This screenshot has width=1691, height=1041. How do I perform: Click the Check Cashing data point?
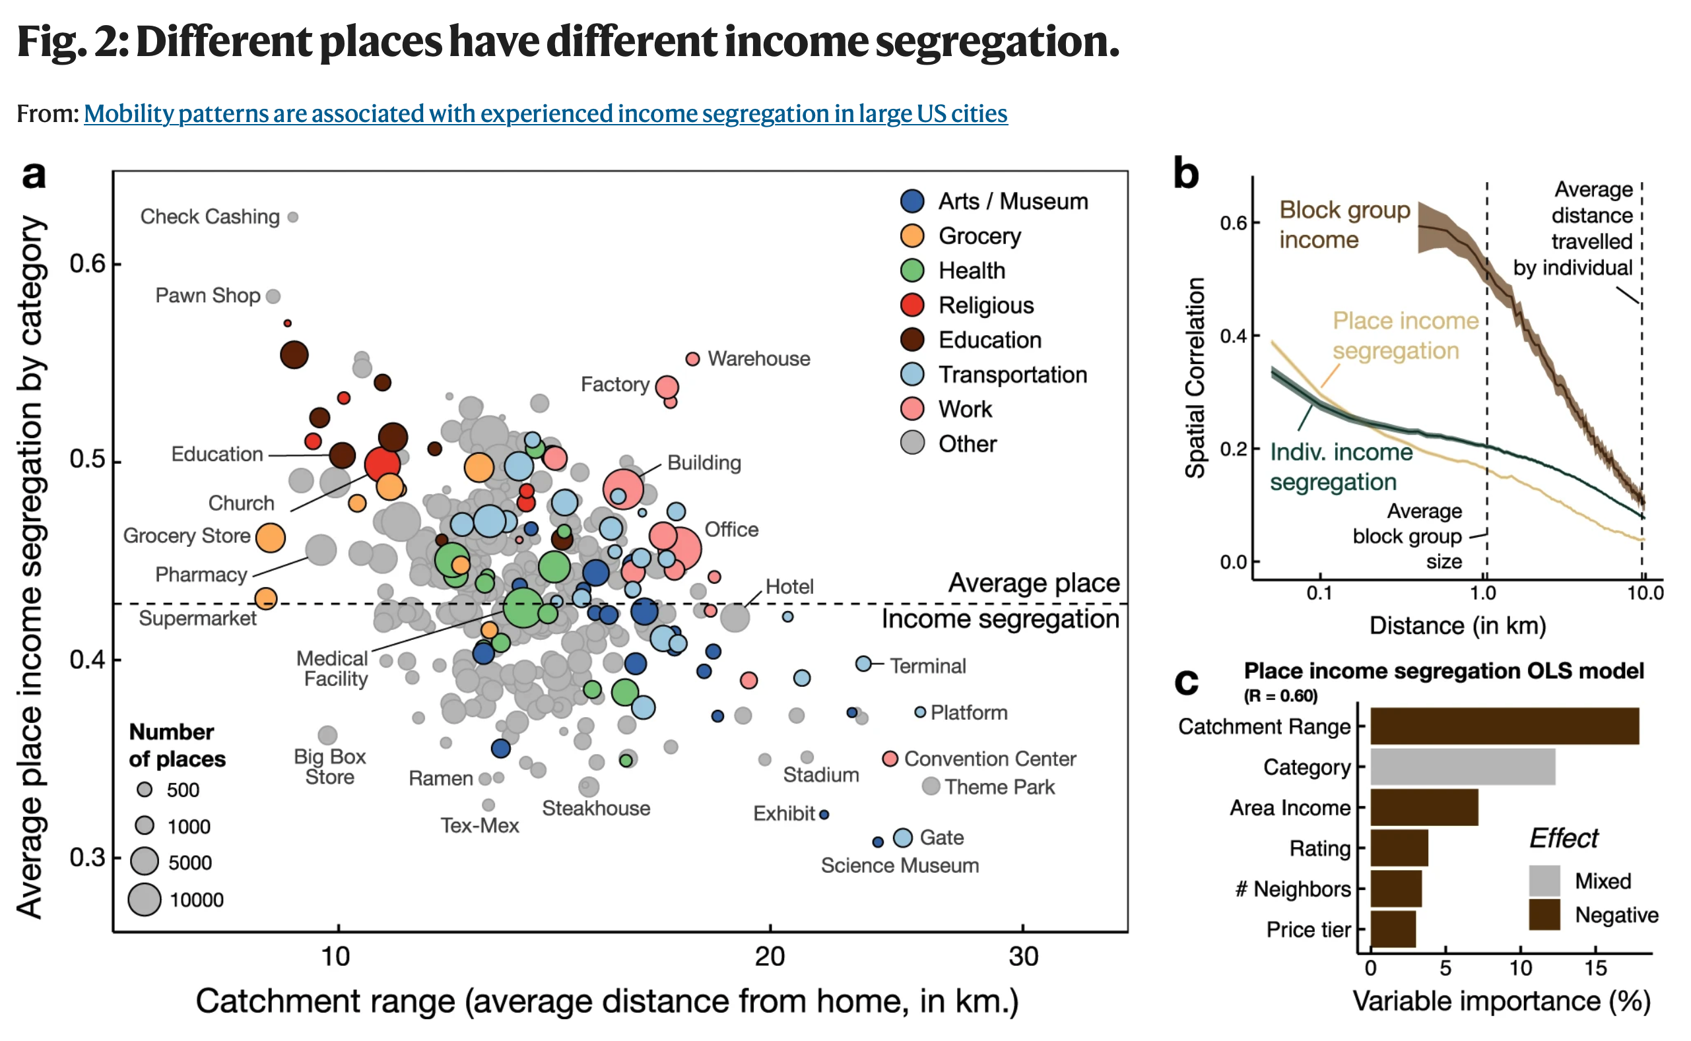tap(293, 218)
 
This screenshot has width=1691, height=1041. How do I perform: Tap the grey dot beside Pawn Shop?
tap(273, 297)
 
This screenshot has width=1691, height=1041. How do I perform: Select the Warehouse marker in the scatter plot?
tap(693, 360)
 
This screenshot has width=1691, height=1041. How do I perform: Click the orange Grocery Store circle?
tap(271, 538)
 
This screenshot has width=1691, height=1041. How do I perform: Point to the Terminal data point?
tap(864, 664)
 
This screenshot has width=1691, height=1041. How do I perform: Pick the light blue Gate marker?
tap(903, 838)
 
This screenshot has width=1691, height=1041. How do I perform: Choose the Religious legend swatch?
tap(913, 305)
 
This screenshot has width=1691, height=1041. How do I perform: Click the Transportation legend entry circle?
tap(913, 375)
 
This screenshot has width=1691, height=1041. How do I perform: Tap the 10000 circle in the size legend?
tap(145, 900)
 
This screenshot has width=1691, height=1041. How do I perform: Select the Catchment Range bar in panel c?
tap(1504, 726)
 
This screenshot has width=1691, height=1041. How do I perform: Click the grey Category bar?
tap(1463, 767)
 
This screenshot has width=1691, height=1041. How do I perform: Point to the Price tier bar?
tap(1393, 930)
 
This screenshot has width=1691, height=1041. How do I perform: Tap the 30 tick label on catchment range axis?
tap(1023, 957)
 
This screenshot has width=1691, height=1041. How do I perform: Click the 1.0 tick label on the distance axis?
tap(1482, 593)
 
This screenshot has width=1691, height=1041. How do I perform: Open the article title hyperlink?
tap(546, 113)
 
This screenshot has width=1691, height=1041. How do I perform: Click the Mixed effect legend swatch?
tap(1544, 881)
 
